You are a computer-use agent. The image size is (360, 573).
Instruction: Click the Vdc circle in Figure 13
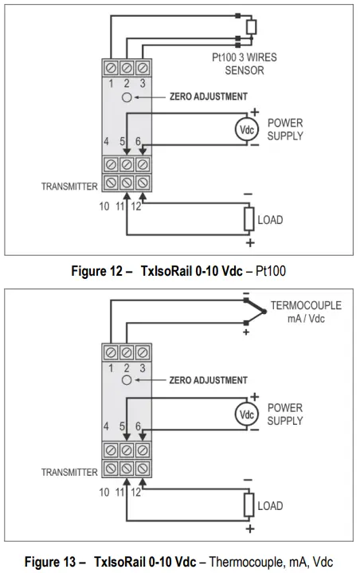tap(246, 414)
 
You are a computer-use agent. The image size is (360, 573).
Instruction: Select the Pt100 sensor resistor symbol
tap(251, 28)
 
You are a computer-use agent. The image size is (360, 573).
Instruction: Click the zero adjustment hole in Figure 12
tap(127, 97)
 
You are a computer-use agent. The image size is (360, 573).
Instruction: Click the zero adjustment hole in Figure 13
tap(127, 381)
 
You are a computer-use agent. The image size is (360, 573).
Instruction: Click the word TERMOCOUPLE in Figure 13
tap(306, 305)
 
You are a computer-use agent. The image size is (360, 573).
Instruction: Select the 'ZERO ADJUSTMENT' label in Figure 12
tap(204, 96)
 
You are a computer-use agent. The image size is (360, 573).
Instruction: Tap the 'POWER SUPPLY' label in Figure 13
tap(284, 414)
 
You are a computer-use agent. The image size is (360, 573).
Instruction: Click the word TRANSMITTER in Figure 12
tap(69, 186)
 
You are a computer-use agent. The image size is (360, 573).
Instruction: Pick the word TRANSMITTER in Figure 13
tap(69, 472)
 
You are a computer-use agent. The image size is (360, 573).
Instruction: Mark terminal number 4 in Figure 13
tap(106, 427)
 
